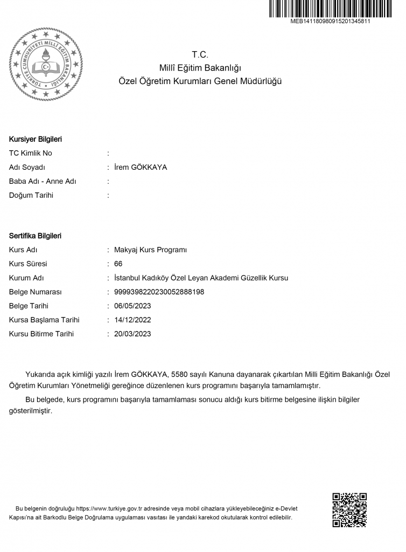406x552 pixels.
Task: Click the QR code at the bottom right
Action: [349, 509]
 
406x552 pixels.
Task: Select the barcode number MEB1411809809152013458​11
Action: [330, 22]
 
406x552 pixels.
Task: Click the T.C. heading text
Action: [200, 54]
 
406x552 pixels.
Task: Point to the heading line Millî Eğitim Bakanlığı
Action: [200, 68]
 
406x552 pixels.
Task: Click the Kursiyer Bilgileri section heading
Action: [36, 139]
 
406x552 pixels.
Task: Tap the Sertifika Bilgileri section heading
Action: [36, 236]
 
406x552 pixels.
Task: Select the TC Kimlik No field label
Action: [31, 153]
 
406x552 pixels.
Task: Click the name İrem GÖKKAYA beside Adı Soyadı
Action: [141, 167]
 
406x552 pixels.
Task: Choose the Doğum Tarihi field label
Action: [31, 195]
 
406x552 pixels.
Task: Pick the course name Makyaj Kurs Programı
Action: [150, 250]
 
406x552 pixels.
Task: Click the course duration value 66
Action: [118, 264]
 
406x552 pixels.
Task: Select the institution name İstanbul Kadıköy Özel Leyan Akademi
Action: [201, 278]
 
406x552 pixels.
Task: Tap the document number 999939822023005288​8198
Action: [159, 292]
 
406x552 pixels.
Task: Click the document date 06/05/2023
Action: [132, 306]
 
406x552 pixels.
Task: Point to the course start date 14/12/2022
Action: [132, 320]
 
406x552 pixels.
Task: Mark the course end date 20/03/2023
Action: [132, 334]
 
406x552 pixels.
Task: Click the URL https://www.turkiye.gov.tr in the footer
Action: [108, 508]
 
